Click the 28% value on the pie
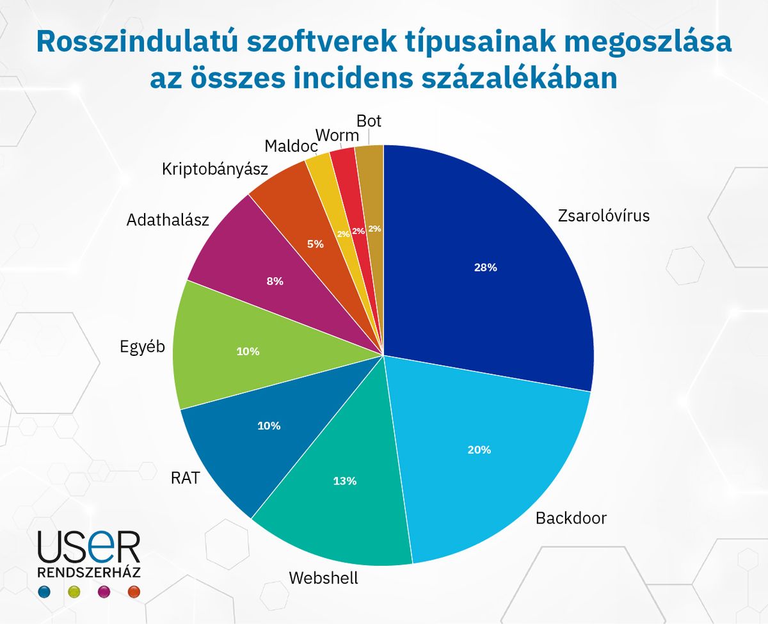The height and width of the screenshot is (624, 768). (486, 268)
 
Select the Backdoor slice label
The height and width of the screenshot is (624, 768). (570, 518)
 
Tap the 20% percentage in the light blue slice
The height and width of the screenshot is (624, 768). (479, 450)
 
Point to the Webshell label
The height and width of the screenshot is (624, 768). (323, 578)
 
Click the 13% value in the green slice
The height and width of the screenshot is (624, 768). (344, 481)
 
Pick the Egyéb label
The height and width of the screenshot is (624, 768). (143, 347)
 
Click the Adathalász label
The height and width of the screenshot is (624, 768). (168, 220)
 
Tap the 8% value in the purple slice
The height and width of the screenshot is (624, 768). (275, 280)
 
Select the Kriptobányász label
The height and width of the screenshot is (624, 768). (214, 169)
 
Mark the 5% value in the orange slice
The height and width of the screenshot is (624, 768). (316, 244)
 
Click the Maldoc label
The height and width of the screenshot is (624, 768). (291, 147)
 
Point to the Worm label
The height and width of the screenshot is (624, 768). (337, 135)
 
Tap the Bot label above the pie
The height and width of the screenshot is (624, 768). (369, 121)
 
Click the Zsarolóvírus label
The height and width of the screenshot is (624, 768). (604, 215)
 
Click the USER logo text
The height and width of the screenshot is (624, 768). (88, 547)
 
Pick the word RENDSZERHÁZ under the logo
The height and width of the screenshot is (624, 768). (90, 572)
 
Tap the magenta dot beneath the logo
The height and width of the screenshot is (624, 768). (103, 591)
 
